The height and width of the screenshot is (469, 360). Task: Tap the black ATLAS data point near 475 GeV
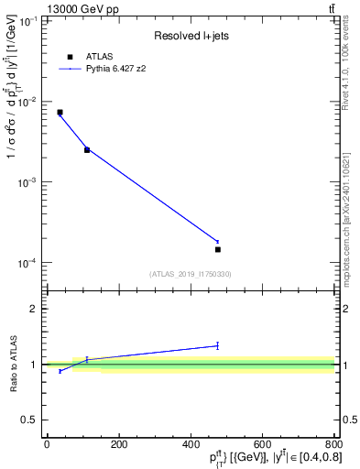(x=218, y=249)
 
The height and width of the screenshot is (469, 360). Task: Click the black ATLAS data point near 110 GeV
(x=87, y=149)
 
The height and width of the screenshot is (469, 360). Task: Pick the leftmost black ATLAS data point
(x=60, y=113)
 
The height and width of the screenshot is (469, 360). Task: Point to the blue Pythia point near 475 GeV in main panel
(x=218, y=242)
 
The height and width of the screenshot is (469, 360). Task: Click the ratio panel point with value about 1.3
(x=218, y=345)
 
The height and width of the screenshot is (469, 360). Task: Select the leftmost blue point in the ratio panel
(x=60, y=371)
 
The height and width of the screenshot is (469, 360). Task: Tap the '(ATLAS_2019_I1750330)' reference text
(x=191, y=274)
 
